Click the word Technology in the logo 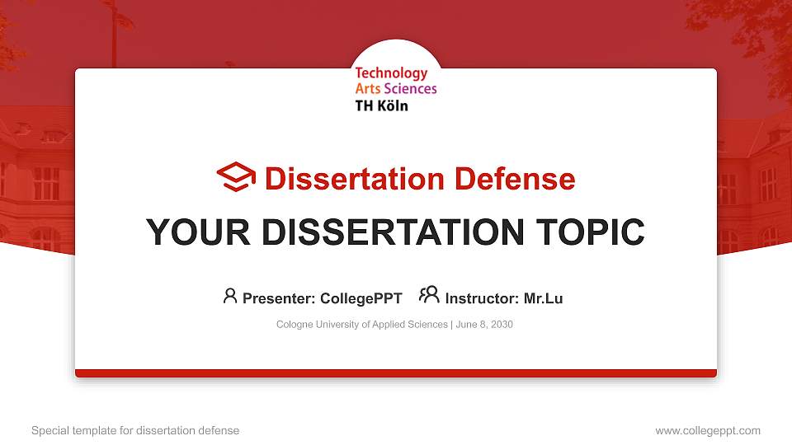click(391, 73)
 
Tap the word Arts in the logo click(368, 89)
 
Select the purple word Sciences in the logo click(411, 89)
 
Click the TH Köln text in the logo click(381, 105)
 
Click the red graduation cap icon click(236, 177)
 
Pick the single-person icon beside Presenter click(230, 296)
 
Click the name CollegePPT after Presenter click(361, 298)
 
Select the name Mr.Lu click(543, 298)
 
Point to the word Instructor click(482, 298)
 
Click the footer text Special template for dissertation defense click(135, 430)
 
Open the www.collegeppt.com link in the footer click(708, 430)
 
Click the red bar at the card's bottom click(396, 373)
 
